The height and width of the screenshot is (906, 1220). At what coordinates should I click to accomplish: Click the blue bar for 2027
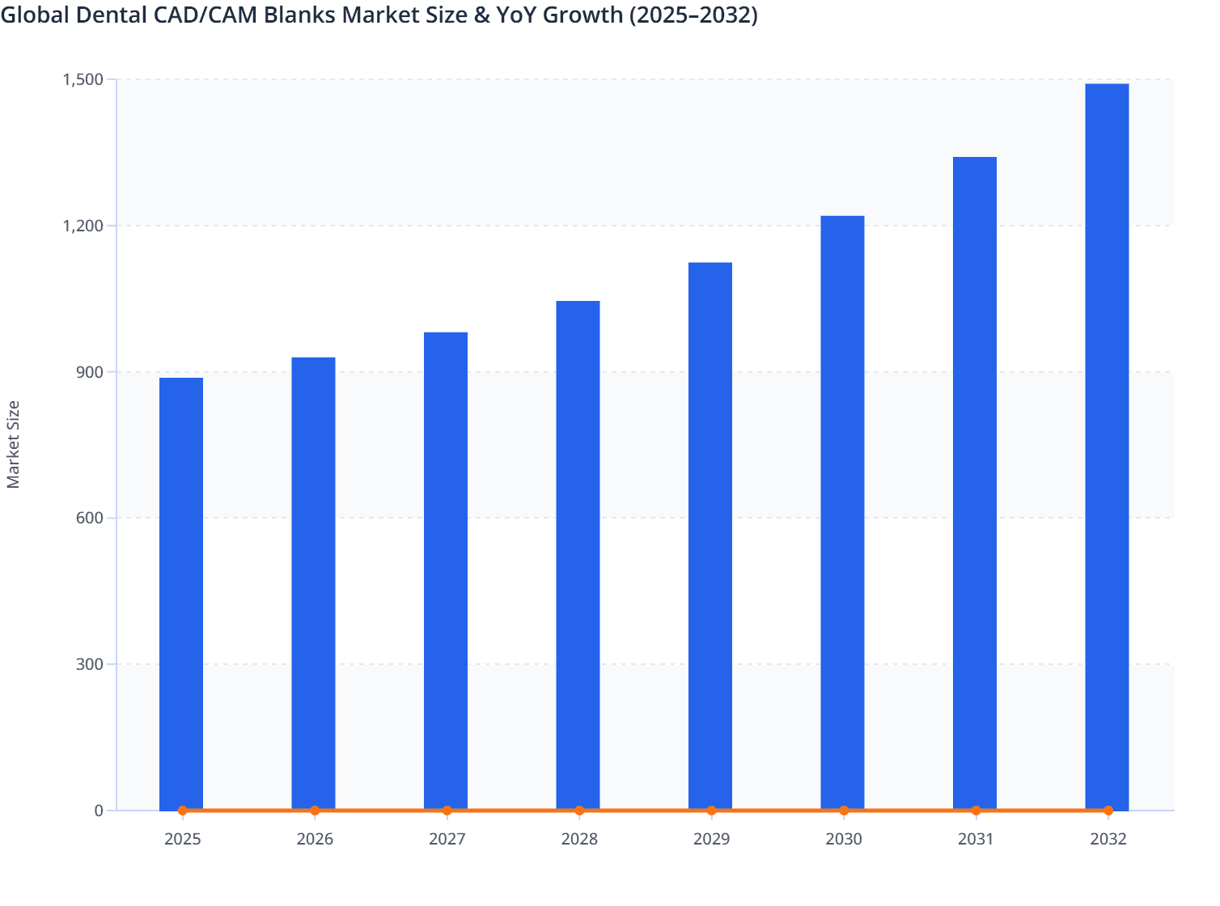coord(446,570)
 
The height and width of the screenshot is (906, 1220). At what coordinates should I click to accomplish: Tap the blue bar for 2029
coord(710,536)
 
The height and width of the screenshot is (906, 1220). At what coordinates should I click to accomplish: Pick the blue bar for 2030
coord(842,512)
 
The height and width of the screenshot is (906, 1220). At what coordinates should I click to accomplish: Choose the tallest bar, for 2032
coord(1107,447)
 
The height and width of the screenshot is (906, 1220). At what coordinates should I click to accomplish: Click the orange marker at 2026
coord(315,810)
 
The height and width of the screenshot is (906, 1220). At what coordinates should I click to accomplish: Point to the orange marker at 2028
coord(579,810)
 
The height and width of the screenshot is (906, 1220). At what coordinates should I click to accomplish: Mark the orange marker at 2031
coord(976,810)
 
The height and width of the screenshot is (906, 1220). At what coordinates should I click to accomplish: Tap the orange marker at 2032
coord(1108,810)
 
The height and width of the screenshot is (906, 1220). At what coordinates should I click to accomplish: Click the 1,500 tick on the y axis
coord(83,79)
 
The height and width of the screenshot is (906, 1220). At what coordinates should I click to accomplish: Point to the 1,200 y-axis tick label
coord(83,226)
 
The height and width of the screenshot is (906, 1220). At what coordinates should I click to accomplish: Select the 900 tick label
coord(89,372)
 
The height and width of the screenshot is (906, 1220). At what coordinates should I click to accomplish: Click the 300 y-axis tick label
coord(89,664)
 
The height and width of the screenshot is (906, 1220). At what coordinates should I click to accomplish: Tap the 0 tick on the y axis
coord(99,811)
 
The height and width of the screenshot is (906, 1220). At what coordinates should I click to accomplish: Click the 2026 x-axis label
coord(315,839)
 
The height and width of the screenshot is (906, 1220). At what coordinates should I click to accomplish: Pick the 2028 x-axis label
coord(579,839)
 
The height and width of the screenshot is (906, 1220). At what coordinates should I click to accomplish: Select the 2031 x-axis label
coord(976,839)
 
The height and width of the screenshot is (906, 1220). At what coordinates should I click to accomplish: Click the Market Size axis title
coord(14,444)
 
